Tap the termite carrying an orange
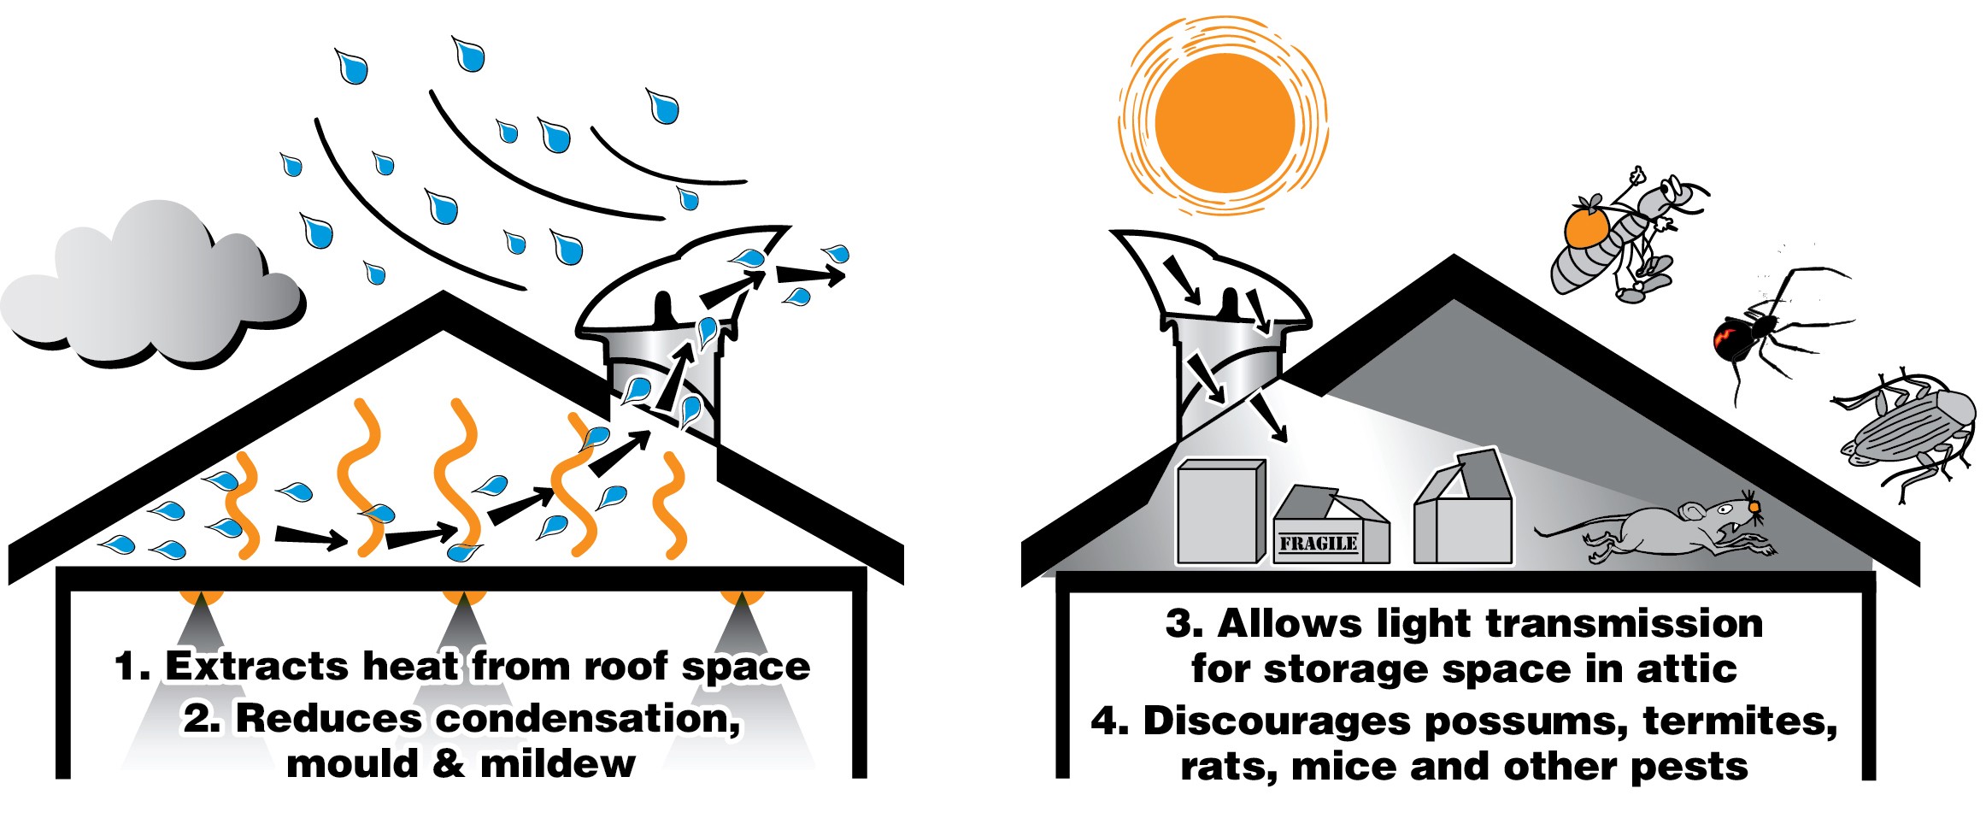coord(1624,239)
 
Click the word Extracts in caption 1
coord(256,667)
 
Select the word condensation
coord(588,720)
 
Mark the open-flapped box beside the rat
coord(1463,513)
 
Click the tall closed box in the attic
coord(1220,511)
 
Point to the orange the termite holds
coord(1586,228)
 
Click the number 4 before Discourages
coord(1108,722)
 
